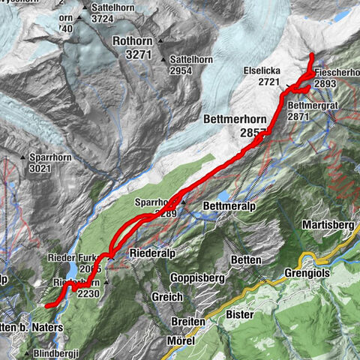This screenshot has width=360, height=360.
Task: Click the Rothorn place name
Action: [x=135, y=42]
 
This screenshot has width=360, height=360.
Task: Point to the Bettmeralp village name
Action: [x=229, y=205]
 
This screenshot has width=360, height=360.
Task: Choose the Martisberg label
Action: [x=327, y=225]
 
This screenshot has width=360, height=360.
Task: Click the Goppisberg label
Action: [x=177, y=277]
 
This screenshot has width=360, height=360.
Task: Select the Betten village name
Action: [x=245, y=259]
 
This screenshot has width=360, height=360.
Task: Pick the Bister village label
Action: [x=240, y=315]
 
